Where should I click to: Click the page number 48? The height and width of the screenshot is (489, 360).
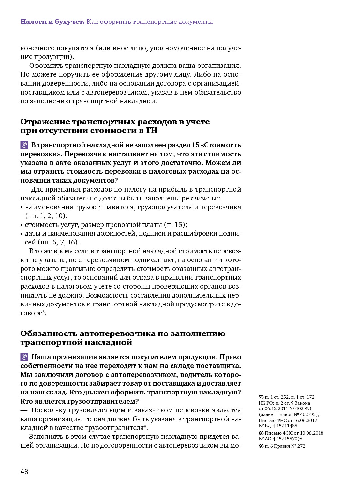point(24,472)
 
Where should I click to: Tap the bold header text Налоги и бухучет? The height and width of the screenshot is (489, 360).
point(52,22)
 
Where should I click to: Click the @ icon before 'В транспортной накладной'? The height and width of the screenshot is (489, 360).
point(24,145)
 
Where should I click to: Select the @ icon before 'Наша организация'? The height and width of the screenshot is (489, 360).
point(24,357)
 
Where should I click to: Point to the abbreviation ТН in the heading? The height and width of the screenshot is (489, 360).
point(151,130)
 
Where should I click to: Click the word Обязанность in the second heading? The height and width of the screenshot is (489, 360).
point(49,333)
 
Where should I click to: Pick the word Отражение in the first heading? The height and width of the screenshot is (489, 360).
point(45,122)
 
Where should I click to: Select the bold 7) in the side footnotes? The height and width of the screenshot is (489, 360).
point(261,397)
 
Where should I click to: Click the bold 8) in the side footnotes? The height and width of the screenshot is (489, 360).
point(261,433)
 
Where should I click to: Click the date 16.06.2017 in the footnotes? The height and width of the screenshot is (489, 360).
point(306,420)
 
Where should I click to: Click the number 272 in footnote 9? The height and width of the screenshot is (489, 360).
point(301,446)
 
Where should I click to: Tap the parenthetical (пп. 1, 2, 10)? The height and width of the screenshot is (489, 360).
point(46,216)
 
